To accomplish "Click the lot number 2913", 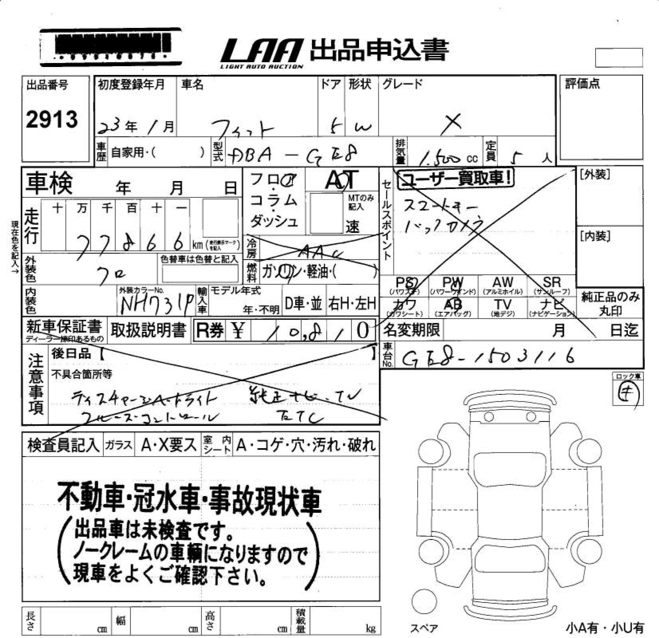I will pyautogui.click(x=52, y=119).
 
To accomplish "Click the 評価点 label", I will pyautogui.click(x=582, y=84).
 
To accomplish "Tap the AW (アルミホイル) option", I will pyautogui.click(x=503, y=286).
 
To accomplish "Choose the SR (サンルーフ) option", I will pyautogui.click(x=552, y=286).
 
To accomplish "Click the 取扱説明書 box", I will pyautogui.click(x=148, y=330).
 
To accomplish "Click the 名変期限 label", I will pyautogui.click(x=412, y=329).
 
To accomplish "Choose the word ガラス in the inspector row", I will pyautogui.click(x=118, y=445).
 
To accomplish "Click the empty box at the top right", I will pyautogui.click(x=619, y=57).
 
